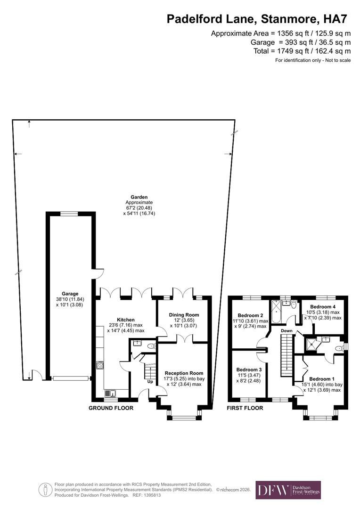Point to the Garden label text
(x=139, y=197)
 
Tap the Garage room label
(x=70, y=294)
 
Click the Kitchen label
(x=126, y=320)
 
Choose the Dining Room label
(x=184, y=314)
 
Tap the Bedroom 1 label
(x=322, y=378)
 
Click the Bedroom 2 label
(x=250, y=315)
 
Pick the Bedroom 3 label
(x=249, y=369)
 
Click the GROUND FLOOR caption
(x=111, y=408)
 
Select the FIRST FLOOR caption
(x=245, y=408)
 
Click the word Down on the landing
(x=286, y=331)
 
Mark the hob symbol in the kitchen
(x=100, y=365)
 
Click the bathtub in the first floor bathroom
(x=276, y=312)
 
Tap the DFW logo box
(x=288, y=490)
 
